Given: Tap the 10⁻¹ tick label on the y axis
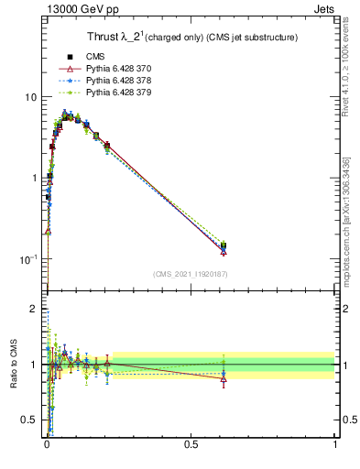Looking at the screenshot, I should [x=30, y=259].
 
